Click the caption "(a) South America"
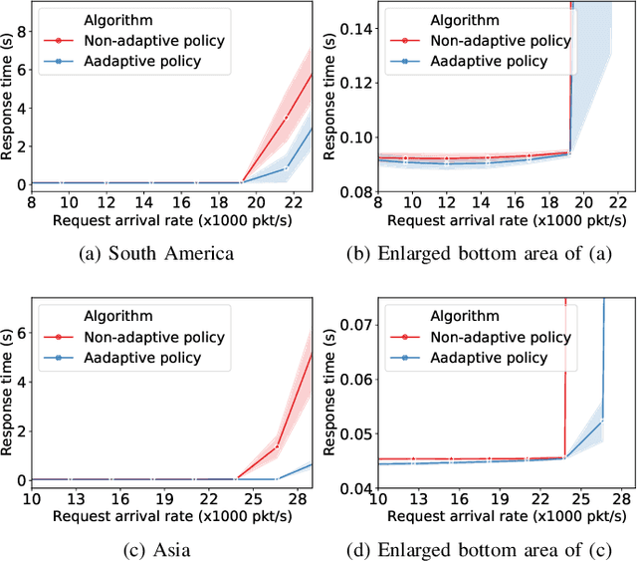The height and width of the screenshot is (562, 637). click(x=156, y=253)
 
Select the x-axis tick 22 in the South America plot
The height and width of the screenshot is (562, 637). click(x=287, y=202)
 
